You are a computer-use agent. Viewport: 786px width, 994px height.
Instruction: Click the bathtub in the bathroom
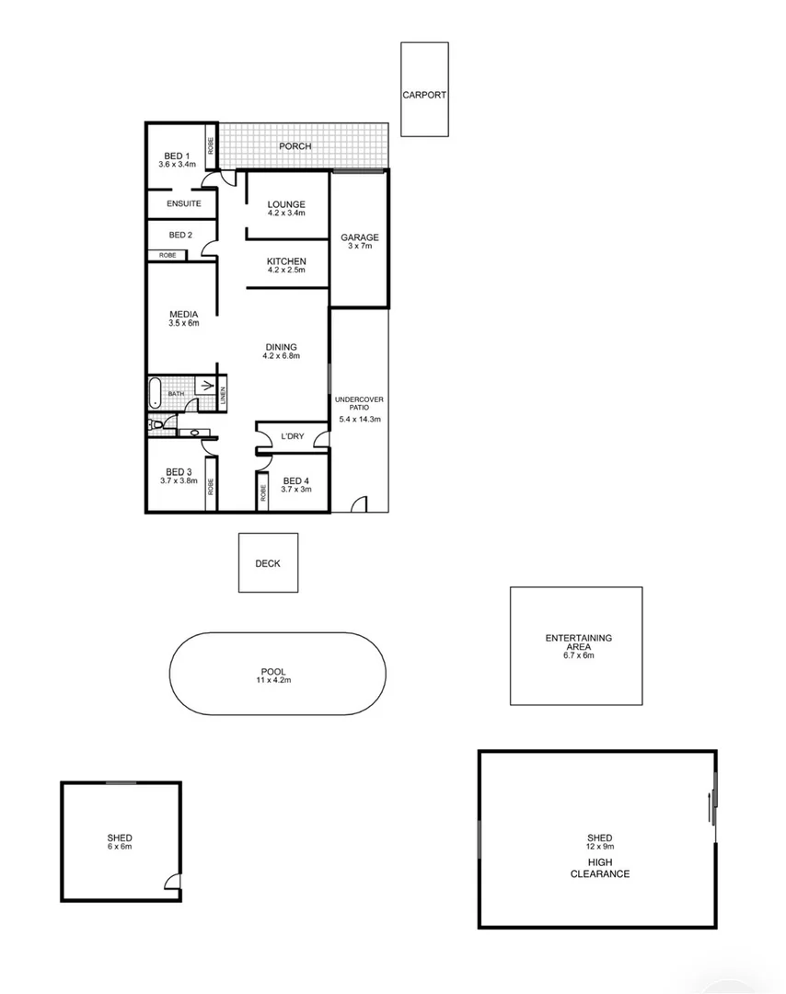pyautogui.click(x=156, y=393)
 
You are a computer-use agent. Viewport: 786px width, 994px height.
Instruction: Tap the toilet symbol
pyautogui.click(x=153, y=424)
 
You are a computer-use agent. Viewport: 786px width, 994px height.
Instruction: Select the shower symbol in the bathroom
pyautogui.click(x=204, y=386)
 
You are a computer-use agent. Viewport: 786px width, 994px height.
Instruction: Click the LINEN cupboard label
pyautogui.click(x=223, y=394)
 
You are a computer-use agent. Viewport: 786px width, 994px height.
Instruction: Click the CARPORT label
pyautogui.click(x=424, y=95)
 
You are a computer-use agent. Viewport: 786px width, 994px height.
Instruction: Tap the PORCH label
pyautogui.click(x=295, y=146)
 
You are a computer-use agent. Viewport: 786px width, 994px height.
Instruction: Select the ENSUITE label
pyautogui.click(x=184, y=203)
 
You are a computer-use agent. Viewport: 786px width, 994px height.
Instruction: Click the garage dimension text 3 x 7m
pyautogui.click(x=360, y=246)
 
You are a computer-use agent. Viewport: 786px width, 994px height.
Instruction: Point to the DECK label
pyautogui.click(x=268, y=563)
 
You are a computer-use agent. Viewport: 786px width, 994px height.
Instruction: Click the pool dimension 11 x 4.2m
pyautogui.click(x=273, y=680)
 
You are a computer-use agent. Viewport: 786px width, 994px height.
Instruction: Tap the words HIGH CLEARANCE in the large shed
pyautogui.click(x=600, y=868)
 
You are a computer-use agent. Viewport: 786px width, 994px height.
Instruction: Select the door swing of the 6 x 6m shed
pyautogui.click(x=172, y=881)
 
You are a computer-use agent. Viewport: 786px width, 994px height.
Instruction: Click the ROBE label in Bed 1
pyautogui.click(x=211, y=146)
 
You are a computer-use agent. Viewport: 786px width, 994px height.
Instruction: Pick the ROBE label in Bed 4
pyautogui.click(x=262, y=492)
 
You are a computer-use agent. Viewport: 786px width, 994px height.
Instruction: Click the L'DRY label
pyautogui.click(x=292, y=436)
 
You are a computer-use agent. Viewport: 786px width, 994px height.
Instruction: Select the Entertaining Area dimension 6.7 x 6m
pyautogui.click(x=578, y=655)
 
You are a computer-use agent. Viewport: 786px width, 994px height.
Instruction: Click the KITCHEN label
pyautogui.click(x=286, y=261)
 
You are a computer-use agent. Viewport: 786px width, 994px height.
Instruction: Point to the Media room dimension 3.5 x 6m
pyautogui.click(x=184, y=323)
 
